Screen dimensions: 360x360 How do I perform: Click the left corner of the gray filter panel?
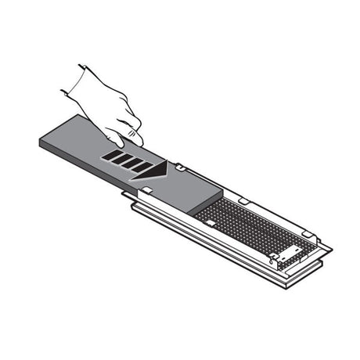[x=39, y=141]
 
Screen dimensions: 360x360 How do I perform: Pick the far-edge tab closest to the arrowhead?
[x=179, y=167]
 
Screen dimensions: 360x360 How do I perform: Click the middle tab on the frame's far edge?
[x=243, y=201]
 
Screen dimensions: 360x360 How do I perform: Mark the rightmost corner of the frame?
[x=332, y=249]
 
